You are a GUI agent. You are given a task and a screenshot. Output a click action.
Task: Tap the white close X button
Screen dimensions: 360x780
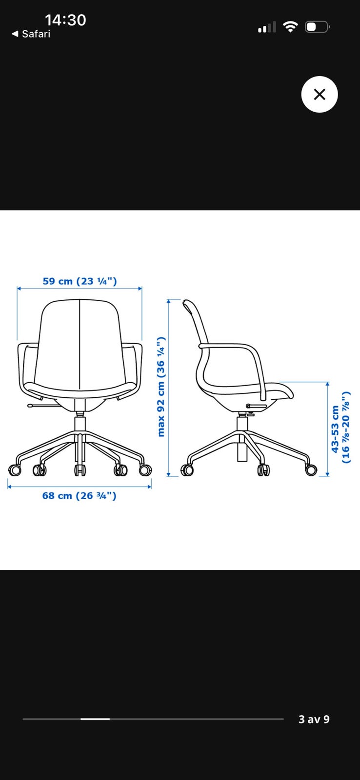pos(319,95)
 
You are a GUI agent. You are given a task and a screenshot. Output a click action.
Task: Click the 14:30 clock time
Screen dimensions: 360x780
pos(65,20)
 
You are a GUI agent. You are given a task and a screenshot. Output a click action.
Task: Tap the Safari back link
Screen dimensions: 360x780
pos(31,34)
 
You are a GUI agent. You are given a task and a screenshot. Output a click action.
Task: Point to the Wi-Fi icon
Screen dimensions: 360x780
pos(290,27)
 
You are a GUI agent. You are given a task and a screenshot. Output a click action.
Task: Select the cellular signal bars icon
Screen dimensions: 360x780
pos(267,27)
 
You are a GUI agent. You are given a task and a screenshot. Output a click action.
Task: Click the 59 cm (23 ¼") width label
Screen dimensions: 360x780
pos(80,281)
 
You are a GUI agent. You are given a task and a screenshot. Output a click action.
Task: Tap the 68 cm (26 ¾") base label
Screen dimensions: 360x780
pos(79,495)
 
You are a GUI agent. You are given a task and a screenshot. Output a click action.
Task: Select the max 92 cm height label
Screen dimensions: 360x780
pos(160,387)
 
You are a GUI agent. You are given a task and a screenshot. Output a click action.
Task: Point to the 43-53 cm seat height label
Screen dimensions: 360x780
pos(340,427)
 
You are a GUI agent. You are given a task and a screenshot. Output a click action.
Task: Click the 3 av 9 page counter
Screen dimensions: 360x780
pos(314,720)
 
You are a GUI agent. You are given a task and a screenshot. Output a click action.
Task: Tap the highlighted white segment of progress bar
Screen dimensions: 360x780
pos(95,719)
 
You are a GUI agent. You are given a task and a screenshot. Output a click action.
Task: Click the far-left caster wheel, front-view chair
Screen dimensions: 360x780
pos(15,470)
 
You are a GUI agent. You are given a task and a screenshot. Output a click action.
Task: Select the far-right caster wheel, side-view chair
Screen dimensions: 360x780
pos(311,470)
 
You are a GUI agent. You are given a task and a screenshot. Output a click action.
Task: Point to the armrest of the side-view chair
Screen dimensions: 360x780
pos(240,362)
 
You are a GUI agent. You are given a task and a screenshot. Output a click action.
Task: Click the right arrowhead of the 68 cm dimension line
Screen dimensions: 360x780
pos(149,487)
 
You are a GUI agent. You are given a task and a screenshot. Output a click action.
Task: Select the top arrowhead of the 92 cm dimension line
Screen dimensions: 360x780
pos(168,302)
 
